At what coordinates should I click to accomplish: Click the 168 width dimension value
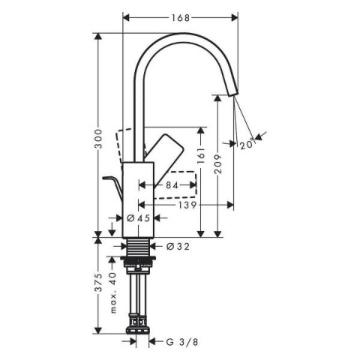(181, 18)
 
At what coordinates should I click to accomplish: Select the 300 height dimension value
(98, 139)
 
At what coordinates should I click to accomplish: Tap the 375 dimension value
(98, 282)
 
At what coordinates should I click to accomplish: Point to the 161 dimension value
(201, 155)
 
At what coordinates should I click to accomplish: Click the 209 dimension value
(217, 163)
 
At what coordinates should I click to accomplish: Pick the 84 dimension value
(172, 185)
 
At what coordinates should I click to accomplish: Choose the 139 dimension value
(187, 205)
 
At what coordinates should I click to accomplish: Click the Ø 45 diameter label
(138, 218)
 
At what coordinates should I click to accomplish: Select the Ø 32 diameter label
(178, 247)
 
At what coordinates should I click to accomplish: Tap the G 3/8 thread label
(182, 342)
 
